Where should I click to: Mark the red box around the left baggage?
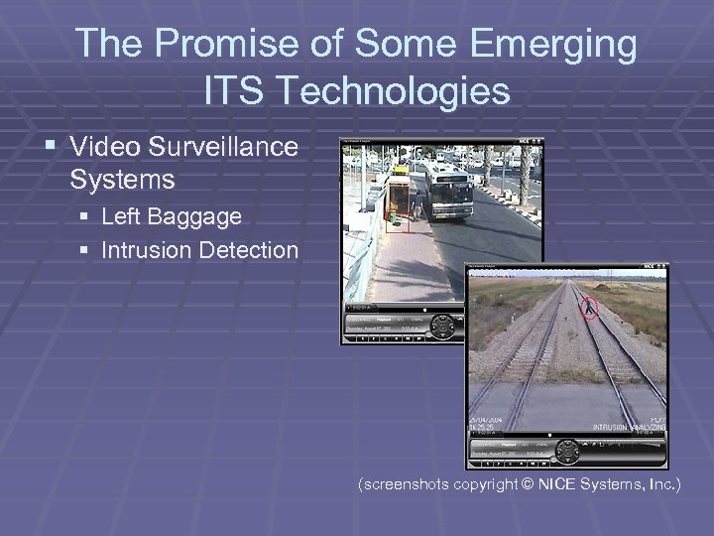pos(399,221)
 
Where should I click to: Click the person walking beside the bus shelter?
pos(417,207)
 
